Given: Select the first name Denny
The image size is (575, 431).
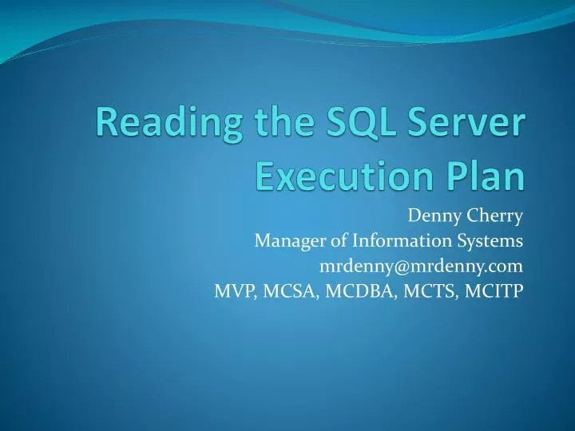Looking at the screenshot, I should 431,215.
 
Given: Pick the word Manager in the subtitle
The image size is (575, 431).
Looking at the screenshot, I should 284,240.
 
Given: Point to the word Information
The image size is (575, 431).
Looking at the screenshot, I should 394,240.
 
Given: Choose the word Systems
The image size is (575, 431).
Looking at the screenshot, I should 490,240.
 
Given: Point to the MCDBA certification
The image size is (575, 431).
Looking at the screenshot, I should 359,291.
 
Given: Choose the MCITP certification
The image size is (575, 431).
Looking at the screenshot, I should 494,291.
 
